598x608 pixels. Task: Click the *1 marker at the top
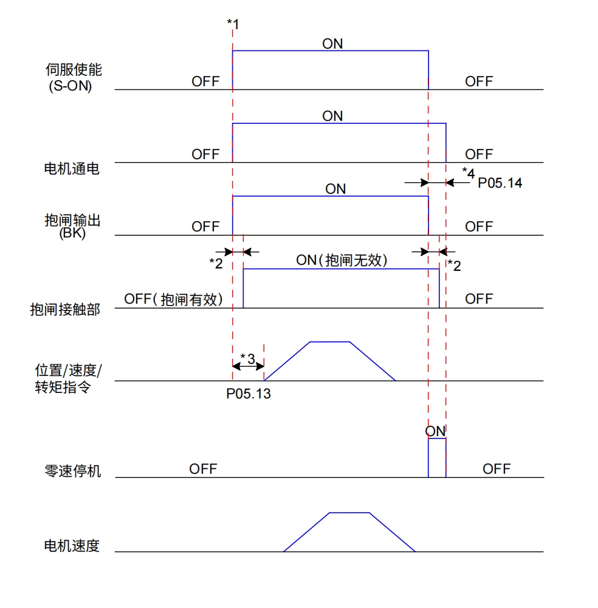233,24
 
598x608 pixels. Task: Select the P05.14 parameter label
500,182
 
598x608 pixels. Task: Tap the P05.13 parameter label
249,394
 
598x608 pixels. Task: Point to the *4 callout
468,172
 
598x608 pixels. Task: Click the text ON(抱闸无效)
342,261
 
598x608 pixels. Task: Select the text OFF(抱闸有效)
174,299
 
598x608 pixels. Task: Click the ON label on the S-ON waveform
332,44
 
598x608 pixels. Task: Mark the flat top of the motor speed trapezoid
349,513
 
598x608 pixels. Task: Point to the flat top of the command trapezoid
329,342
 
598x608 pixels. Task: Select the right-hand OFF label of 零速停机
497,469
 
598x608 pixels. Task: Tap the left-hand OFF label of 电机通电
205,154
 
